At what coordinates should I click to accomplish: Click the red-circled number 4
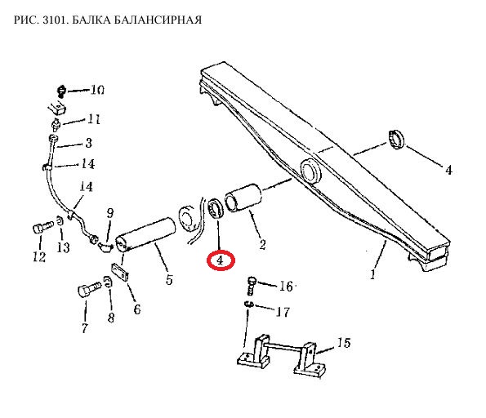pos(220,260)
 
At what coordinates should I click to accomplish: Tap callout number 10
pos(97,90)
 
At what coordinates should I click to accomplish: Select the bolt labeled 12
pos(42,227)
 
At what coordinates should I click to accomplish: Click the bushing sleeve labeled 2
pos(243,198)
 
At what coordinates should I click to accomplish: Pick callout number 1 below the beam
pos(373,274)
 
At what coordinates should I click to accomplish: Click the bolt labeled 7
pos(89,289)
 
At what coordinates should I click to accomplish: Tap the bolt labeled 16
pos(252,286)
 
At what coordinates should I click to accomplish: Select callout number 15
pos(344,343)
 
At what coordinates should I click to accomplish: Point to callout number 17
pos(283,312)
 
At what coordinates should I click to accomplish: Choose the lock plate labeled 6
pos(119,273)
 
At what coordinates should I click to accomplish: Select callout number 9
pos(110,213)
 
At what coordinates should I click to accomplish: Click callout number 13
pos(63,247)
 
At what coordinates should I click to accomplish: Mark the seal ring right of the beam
pos(396,140)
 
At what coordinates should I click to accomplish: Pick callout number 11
pos(94,119)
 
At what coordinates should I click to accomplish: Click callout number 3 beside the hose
pos(89,143)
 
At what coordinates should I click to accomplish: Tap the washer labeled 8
pos(107,282)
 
